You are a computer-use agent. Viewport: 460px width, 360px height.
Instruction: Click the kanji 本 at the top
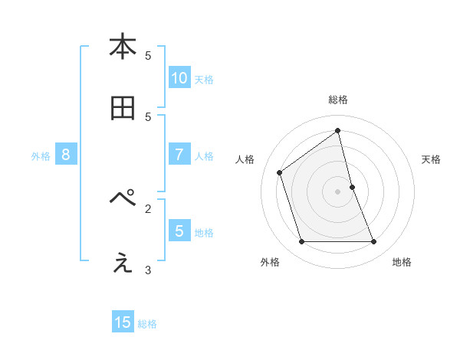click(x=123, y=47)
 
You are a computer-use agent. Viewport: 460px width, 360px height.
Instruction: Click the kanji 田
click(x=123, y=108)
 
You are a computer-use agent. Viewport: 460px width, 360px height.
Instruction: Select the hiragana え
click(x=123, y=262)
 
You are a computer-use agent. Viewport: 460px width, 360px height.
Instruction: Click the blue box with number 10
click(x=179, y=78)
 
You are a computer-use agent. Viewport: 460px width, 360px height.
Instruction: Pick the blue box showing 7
click(x=179, y=155)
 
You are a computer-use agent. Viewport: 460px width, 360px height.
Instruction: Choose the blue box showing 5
click(x=179, y=231)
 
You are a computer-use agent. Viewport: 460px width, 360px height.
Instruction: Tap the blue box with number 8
click(x=66, y=155)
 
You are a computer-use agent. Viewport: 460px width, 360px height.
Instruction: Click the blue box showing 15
click(x=123, y=322)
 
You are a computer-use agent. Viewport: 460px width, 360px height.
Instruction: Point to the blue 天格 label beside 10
click(x=204, y=79)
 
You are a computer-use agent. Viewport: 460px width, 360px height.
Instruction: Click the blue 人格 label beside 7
click(x=204, y=155)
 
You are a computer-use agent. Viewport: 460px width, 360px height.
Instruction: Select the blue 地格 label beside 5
click(x=204, y=232)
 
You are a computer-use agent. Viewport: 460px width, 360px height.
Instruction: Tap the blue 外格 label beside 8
click(x=41, y=155)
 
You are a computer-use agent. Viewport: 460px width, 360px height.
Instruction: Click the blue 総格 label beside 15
click(x=147, y=324)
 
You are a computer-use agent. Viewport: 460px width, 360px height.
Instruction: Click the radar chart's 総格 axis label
click(x=338, y=100)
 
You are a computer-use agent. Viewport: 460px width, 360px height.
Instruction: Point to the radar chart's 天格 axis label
click(x=431, y=159)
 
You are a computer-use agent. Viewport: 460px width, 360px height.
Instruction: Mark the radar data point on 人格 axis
click(x=280, y=172)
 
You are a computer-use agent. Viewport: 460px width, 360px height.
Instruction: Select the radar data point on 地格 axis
click(x=374, y=242)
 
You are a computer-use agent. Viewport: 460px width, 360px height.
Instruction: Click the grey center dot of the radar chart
click(x=338, y=191)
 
